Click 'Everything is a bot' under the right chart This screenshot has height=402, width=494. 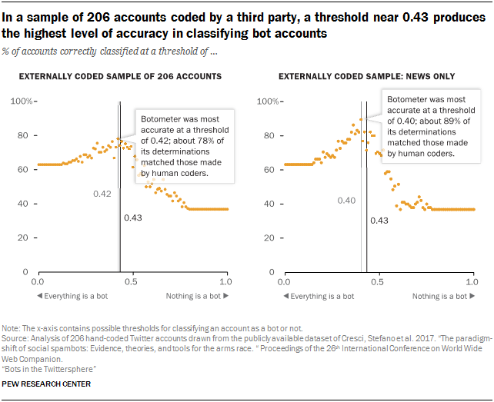click(x=319, y=296)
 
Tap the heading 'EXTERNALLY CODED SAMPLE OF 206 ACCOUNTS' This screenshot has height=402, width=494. click(x=120, y=76)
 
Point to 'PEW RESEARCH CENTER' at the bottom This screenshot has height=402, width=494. click(x=47, y=384)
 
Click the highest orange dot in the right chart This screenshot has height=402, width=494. click(x=361, y=119)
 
